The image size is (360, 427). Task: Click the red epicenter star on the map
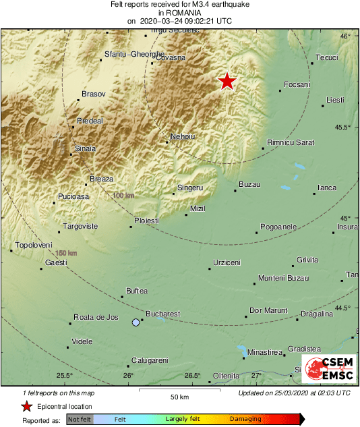click(x=227, y=81)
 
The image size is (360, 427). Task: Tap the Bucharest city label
click(x=163, y=314)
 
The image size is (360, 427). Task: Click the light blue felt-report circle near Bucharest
click(x=136, y=323)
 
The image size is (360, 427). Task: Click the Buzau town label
click(x=249, y=184)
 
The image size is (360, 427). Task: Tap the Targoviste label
click(x=80, y=226)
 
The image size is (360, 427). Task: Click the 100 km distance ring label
click(x=123, y=195)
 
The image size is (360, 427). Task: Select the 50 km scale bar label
click(x=179, y=397)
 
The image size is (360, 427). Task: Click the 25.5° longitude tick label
click(x=64, y=376)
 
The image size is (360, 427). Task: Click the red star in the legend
click(x=27, y=406)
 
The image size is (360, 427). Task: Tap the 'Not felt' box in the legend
click(x=80, y=419)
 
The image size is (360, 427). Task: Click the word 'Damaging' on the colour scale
click(x=245, y=419)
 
